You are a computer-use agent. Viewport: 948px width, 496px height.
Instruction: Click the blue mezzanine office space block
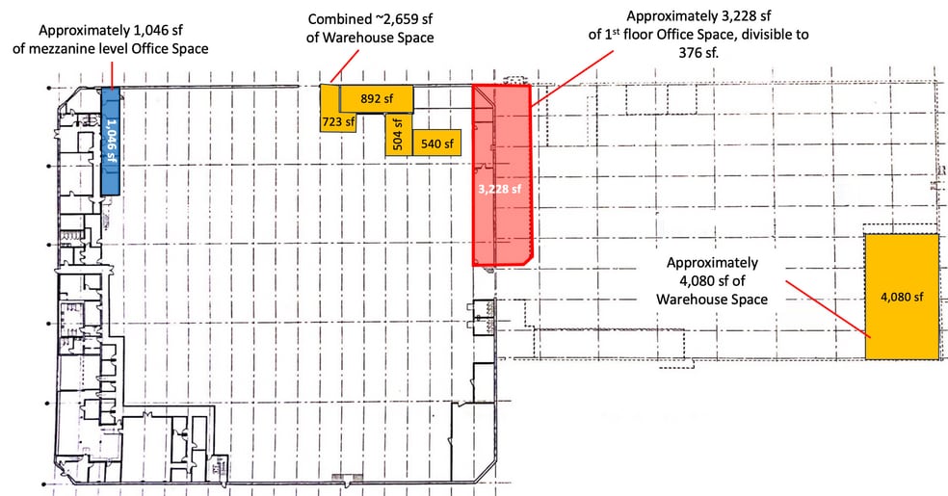pyautogui.click(x=110, y=141)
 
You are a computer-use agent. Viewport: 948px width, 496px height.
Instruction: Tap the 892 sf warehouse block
pyautogui.click(x=377, y=98)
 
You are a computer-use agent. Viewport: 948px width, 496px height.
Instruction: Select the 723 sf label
pyautogui.click(x=338, y=122)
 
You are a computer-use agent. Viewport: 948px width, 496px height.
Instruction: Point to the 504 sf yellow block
pyautogui.click(x=399, y=134)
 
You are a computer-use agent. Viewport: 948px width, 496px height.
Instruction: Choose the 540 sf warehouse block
pyautogui.click(x=437, y=143)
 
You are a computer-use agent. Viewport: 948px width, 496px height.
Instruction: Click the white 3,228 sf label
pyautogui.click(x=499, y=189)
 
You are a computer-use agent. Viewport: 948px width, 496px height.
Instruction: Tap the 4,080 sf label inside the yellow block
pyautogui.click(x=902, y=297)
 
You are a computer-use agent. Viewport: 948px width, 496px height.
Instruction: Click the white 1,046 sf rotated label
pyautogui.click(x=111, y=141)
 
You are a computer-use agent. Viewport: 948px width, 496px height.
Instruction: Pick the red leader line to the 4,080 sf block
pyautogui.click(x=829, y=309)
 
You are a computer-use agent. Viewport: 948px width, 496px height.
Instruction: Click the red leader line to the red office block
pyautogui.click(x=572, y=79)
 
